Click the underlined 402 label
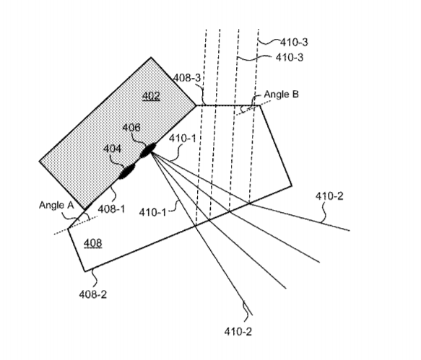point(151,96)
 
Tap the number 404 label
point(112,149)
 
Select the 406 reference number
point(131,128)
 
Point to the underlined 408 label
point(93,243)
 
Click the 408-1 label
point(111,209)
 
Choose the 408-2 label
point(93,294)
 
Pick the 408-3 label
point(187,78)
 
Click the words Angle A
point(56,205)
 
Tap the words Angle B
point(282,95)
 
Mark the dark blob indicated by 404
point(127,171)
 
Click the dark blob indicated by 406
point(148,150)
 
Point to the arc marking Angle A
point(87,216)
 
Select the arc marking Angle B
point(243,109)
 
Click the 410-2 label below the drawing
point(238,332)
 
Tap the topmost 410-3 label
point(294,42)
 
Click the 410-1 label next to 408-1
point(153,212)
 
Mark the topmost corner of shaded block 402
point(151,57)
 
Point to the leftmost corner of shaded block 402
point(40,161)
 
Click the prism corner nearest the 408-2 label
point(85,271)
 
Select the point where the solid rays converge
point(151,152)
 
